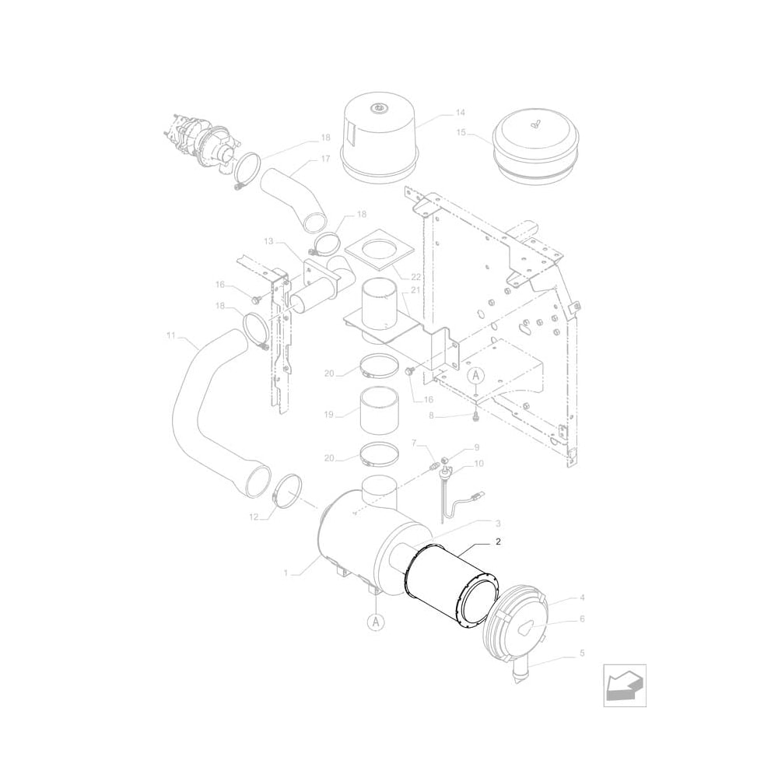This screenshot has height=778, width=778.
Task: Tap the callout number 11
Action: [x=170, y=336]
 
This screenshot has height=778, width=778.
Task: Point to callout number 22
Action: [x=415, y=277]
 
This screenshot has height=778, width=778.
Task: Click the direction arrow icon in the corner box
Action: [x=625, y=685]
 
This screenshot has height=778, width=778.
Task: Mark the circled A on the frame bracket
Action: [x=475, y=375]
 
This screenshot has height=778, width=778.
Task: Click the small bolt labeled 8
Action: [x=475, y=418]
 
